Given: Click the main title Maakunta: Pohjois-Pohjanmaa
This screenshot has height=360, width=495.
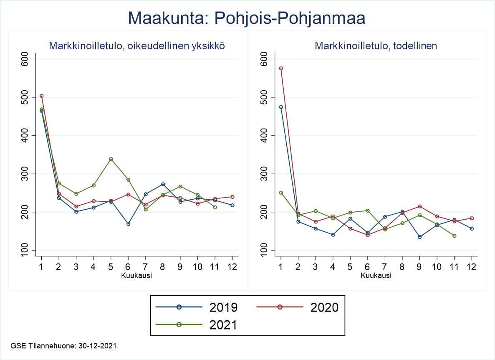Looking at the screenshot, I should [247, 18].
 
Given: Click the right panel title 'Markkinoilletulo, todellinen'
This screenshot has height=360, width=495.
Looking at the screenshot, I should [376, 46].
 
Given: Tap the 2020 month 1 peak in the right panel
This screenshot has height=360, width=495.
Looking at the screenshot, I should [281, 68].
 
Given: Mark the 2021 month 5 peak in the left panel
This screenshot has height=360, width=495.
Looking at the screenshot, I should [111, 159].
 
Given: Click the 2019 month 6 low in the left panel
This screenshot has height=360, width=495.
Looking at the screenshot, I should [128, 224].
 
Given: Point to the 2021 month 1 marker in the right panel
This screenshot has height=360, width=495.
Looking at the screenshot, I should [281, 193].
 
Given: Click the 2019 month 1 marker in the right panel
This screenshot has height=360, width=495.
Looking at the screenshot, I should [281, 107].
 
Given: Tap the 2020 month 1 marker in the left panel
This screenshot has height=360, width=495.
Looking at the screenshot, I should [41, 96].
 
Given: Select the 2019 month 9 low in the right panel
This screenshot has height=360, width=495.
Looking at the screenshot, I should [419, 237].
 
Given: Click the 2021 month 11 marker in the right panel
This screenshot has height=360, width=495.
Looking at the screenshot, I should [454, 236].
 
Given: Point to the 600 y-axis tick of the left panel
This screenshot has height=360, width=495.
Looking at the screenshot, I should [26, 59].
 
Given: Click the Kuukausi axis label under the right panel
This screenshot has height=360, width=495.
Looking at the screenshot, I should [376, 276].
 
